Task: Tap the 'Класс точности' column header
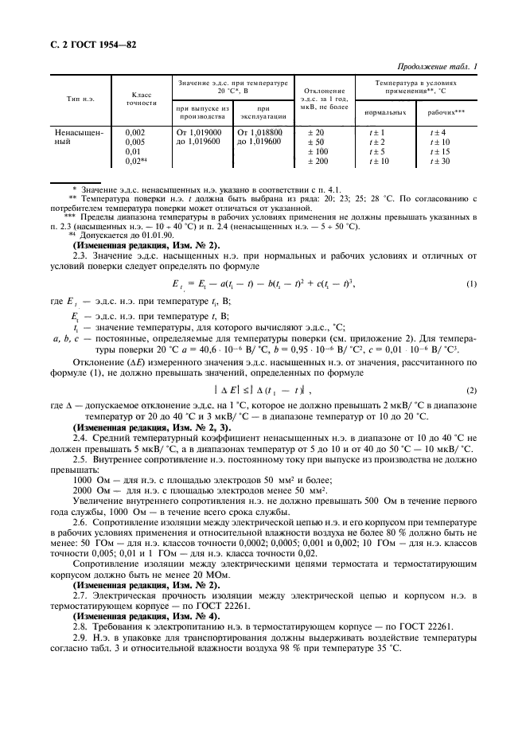tap(141, 98)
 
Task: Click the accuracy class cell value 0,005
tap(136, 142)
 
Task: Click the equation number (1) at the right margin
tap(470, 283)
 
